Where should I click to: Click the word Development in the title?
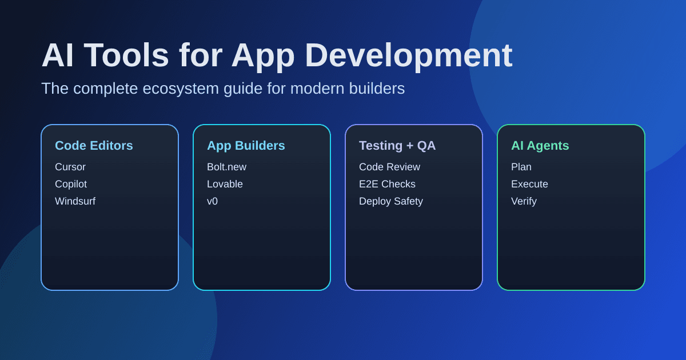point(408,55)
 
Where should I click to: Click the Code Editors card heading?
point(94,146)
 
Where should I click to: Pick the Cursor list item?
point(70,167)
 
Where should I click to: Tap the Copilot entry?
point(71,184)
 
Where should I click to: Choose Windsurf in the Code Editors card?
point(75,201)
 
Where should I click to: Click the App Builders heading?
point(246,146)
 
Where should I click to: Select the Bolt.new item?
point(226,167)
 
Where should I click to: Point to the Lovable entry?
point(225,184)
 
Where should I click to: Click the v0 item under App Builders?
point(212,201)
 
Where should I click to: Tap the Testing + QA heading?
point(397,146)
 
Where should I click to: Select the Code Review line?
point(389,167)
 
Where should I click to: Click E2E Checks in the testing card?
point(387,184)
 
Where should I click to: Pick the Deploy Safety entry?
point(391,201)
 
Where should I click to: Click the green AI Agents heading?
point(540,146)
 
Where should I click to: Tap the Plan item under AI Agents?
point(521,167)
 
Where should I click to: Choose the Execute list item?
point(529,184)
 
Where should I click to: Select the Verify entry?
point(524,201)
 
